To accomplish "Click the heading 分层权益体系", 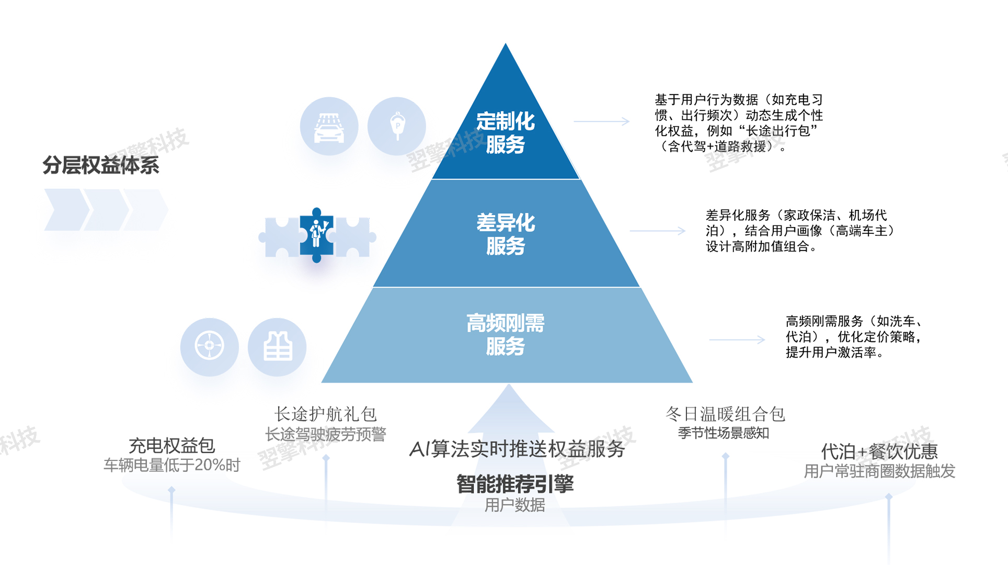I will click(x=101, y=165).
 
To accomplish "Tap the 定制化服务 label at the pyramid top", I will click(x=505, y=133).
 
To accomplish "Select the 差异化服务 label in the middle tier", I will click(x=505, y=234).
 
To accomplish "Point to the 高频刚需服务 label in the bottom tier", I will click(x=505, y=335).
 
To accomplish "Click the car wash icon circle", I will click(x=329, y=126).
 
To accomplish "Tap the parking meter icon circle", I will click(x=397, y=126).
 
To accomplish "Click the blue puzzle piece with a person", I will click(x=316, y=235).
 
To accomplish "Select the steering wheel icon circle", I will click(x=209, y=347).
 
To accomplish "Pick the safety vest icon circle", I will click(x=277, y=347).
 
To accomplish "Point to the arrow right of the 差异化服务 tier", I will click(x=657, y=231).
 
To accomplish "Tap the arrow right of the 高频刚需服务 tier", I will click(x=737, y=340).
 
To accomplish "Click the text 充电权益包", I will click(x=171, y=446).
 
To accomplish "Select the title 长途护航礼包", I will click(x=325, y=414).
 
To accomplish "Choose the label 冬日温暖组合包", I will click(x=725, y=414).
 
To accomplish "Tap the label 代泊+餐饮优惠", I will click(x=879, y=451).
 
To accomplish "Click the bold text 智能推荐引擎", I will click(x=515, y=484).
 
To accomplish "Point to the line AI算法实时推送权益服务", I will click(x=517, y=449).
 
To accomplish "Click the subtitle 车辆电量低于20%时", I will click(x=171, y=465).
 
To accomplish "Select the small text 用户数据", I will click(x=514, y=505).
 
